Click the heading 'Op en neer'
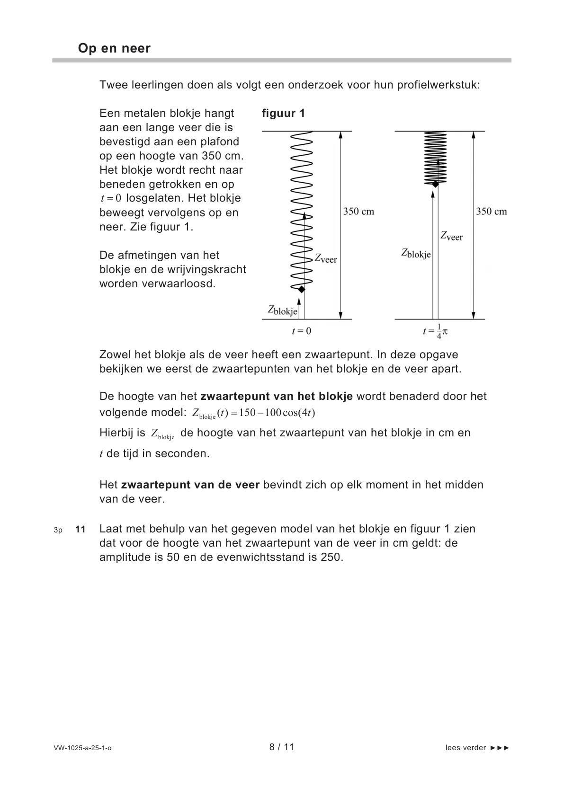tap(114, 48)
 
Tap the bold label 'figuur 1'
tap(283, 113)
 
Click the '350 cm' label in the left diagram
tap(358, 212)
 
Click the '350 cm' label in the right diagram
tap(491, 212)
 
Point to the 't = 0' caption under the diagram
tap(301, 331)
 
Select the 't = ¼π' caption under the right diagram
tap(435, 331)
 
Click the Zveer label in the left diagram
tap(326, 259)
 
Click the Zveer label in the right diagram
tap(451, 236)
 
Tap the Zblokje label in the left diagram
tap(283, 310)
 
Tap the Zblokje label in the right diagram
tap(416, 254)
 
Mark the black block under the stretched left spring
tap(301, 289)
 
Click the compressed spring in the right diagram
tap(435, 156)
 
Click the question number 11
tap(81, 530)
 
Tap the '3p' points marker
tap(58, 530)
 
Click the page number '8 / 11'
tap(282, 747)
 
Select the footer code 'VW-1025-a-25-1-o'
tap(83, 748)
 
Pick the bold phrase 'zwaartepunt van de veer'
tap(190, 485)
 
